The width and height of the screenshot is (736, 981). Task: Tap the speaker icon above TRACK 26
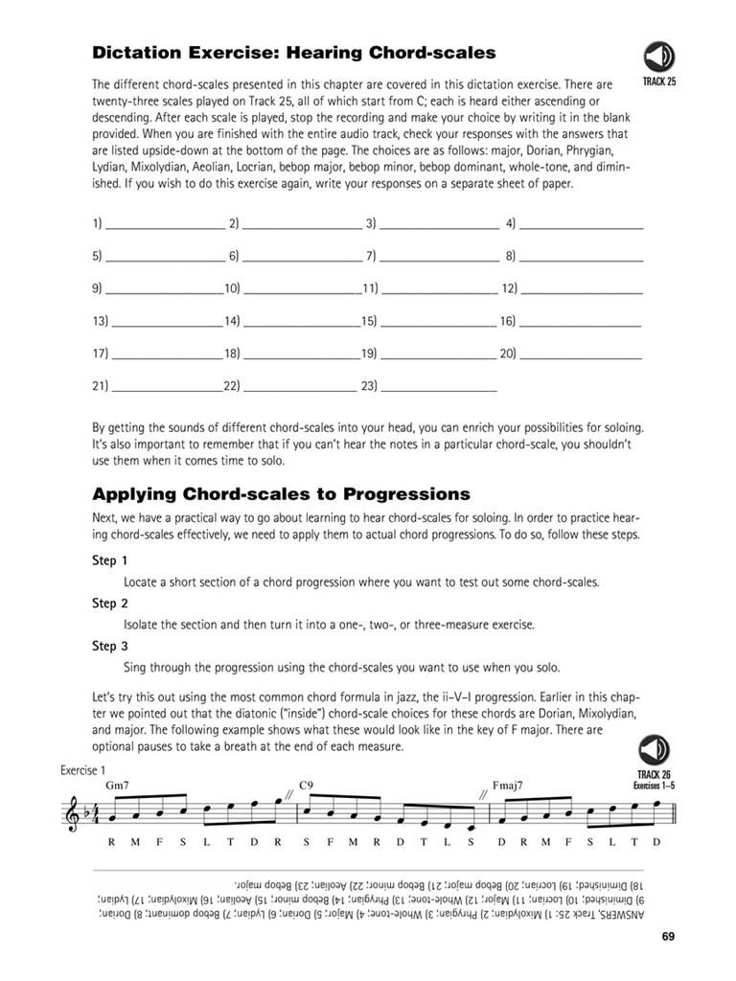[655, 749]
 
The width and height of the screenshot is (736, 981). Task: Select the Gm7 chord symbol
[118, 785]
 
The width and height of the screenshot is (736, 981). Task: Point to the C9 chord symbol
[307, 785]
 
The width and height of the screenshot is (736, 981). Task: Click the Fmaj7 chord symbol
[508, 785]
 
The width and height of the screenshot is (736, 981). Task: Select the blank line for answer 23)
[438, 390]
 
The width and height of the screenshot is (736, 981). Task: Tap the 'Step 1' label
[109, 560]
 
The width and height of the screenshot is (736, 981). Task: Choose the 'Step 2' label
[109, 604]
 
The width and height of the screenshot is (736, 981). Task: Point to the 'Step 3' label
[109, 647]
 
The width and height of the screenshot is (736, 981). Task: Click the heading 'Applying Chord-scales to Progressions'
[281, 494]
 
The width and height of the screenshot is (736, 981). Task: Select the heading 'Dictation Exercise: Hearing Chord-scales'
[293, 52]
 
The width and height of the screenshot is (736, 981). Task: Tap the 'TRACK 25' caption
[658, 82]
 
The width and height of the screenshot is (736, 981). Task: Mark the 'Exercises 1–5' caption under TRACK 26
[655, 785]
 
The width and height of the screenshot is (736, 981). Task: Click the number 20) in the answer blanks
[508, 354]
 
